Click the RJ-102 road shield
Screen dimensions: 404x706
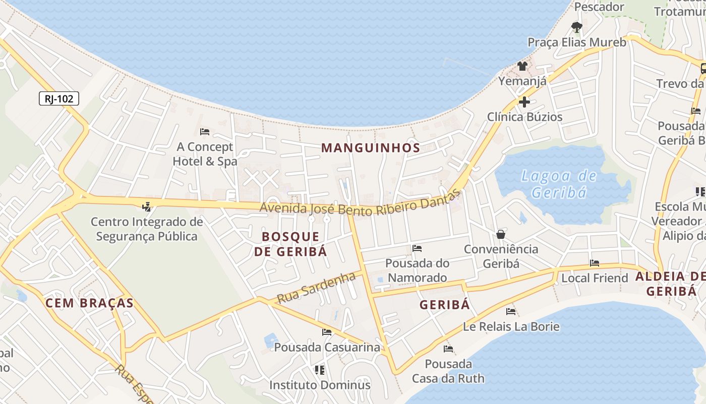click(x=59, y=98)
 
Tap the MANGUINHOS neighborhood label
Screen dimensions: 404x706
click(x=371, y=148)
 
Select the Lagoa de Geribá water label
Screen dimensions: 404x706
click(x=559, y=184)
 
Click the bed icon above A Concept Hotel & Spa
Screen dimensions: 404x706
click(x=205, y=132)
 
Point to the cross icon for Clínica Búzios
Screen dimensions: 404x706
click(x=524, y=102)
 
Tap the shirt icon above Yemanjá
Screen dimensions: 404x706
click(x=522, y=66)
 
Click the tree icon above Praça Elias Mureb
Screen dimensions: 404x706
click(x=576, y=27)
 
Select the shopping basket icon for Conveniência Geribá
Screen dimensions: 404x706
click(x=501, y=234)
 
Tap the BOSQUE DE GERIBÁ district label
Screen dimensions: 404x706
click(x=290, y=244)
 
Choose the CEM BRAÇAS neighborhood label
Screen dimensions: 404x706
click(x=89, y=303)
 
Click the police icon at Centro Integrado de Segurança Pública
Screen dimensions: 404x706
click(x=147, y=207)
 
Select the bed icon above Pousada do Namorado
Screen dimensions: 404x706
click(x=417, y=248)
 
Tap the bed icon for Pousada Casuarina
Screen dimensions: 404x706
click(x=327, y=332)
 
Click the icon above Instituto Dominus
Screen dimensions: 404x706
click(x=319, y=370)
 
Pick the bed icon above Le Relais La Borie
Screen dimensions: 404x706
click(x=511, y=312)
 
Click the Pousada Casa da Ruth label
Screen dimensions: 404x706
click(x=448, y=371)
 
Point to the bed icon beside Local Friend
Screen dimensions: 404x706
click(x=595, y=263)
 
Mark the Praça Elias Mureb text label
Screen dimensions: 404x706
click(x=577, y=42)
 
